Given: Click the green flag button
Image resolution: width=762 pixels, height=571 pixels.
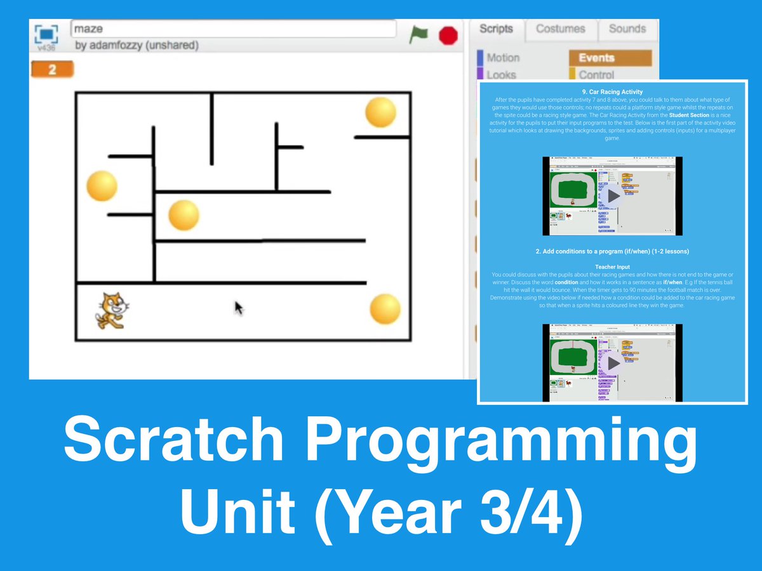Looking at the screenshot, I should [x=418, y=34].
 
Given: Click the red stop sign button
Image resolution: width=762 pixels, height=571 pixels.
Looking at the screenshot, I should [x=448, y=35].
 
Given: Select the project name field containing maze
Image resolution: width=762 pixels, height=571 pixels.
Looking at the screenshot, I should [x=233, y=29].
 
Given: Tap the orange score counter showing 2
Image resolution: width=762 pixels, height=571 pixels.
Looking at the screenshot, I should [x=52, y=69].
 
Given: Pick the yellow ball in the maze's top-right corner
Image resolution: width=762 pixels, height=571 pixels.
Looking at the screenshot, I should [x=381, y=112].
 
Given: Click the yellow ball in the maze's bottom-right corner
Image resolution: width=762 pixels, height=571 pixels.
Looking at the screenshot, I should [x=385, y=309].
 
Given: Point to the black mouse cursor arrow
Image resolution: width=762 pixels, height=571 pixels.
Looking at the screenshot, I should [x=239, y=308].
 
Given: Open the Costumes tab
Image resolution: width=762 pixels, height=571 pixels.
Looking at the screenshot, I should [x=560, y=29].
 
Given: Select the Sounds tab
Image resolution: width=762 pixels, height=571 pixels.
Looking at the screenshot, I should [x=627, y=29].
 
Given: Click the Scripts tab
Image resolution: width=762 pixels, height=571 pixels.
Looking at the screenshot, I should [x=496, y=29].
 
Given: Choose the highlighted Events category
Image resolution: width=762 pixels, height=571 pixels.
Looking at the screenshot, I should [x=610, y=58].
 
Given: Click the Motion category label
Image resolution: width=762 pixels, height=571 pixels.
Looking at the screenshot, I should [x=503, y=58].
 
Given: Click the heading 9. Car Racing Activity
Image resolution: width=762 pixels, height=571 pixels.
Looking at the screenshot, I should [x=612, y=91].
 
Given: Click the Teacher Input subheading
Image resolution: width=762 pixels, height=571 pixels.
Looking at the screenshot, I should [x=612, y=267].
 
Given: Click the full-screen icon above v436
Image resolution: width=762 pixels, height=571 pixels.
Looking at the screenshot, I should [x=46, y=33].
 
